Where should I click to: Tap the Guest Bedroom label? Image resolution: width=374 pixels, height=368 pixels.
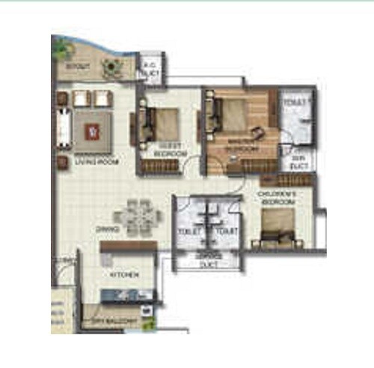pyautogui.click(x=169, y=149)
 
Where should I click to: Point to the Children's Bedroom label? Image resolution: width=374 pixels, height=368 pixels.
pyautogui.click(x=278, y=198)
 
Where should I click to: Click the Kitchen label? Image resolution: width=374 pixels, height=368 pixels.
pyautogui.click(x=124, y=276)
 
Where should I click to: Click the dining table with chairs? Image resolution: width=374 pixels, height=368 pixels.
pyautogui.click(x=141, y=217)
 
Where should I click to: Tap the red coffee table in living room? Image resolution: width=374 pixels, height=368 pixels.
pyautogui.click(x=92, y=132)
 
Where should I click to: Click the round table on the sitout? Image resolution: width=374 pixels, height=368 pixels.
pyautogui.click(x=113, y=67)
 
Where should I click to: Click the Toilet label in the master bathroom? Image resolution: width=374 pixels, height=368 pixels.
pyautogui.click(x=292, y=99)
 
